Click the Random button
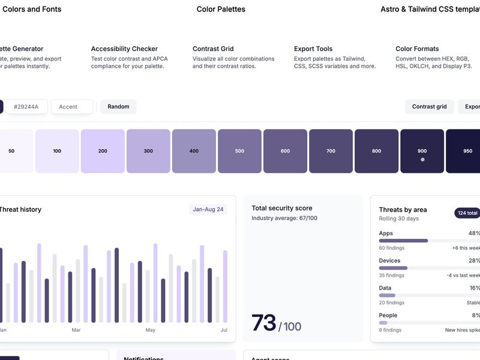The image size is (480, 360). [118, 107]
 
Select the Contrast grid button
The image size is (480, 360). [429, 107]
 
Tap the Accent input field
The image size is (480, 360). [71, 107]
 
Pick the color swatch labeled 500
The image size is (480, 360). [239, 151]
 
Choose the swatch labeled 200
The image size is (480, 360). [103, 151]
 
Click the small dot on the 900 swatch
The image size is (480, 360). [422, 160]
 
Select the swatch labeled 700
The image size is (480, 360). [331, 151]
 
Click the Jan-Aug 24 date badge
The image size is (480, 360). [208, 209]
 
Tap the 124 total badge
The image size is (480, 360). [467, 213]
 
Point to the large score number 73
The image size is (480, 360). [263, 323]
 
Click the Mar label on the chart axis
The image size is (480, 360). [76, 330]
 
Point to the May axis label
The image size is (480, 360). [150, 330]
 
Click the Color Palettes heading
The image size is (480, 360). [221, 9]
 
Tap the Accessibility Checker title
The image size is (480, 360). [124, 49]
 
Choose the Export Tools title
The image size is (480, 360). [313, 49]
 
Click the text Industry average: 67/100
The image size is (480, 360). [284, 218]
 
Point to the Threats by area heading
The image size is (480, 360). [403, 210]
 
